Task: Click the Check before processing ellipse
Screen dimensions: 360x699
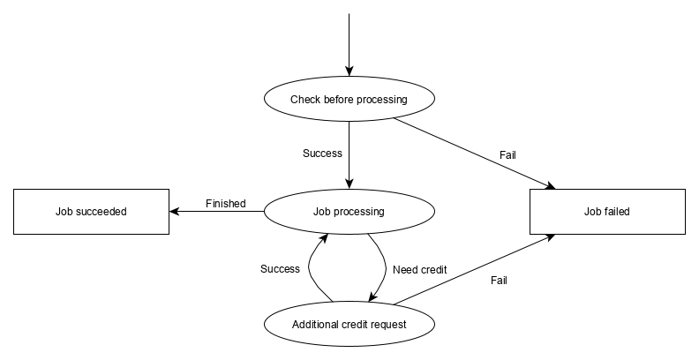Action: pos(349,100)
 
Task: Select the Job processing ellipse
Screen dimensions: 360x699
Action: pos(349,212)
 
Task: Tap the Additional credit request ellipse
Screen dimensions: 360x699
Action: pos(349,324)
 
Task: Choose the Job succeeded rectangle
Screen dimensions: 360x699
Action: pos(91,212)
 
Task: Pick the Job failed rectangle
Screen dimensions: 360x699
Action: pos(606,212)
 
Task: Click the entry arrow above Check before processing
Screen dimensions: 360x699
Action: pos(349,44)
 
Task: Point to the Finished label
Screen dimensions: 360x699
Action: pos(225,204)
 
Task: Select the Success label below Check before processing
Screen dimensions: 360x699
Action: pos(322,153)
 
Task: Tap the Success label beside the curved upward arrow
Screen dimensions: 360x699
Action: pos(280,268)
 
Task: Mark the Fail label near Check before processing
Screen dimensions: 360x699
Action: pos(507,155)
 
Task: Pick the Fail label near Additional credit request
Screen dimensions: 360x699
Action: pos(499,281)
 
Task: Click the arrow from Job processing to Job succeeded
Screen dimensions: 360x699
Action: pos(216,212)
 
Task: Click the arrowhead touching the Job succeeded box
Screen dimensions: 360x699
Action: pos(175,212)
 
